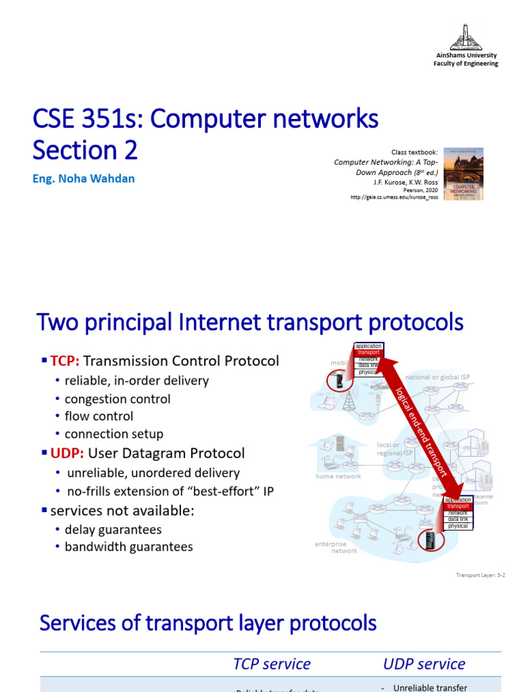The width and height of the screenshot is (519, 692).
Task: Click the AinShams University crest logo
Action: (x=465, y=36)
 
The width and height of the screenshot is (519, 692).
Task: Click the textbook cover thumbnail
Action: (x=464, y=174)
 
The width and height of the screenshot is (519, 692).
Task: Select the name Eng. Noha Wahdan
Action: (x=84, y=178)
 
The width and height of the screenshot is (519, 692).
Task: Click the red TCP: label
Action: (x=65, y=361)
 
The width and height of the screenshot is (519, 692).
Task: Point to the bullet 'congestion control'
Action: (x=117, y=399)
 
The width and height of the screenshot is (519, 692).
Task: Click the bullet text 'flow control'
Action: (x=99, y=416)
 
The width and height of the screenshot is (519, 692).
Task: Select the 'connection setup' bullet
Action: (x=114, y=434)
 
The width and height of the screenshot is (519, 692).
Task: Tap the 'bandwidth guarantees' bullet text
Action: (x=128, y=547)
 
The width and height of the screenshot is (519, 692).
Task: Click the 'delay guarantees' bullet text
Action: (x=113, y=529)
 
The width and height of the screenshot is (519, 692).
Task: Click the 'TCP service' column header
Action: (x=272, y=664)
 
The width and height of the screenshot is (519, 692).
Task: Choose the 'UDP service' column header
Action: (x=424, y=664)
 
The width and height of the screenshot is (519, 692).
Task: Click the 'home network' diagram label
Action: (x=339, y=476)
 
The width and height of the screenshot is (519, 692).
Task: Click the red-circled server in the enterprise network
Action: (x=428, y=539)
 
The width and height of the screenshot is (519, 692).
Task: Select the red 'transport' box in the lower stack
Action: (x=458, y=506)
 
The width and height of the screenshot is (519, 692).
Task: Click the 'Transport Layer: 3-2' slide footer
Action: (x=480, y=576)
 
